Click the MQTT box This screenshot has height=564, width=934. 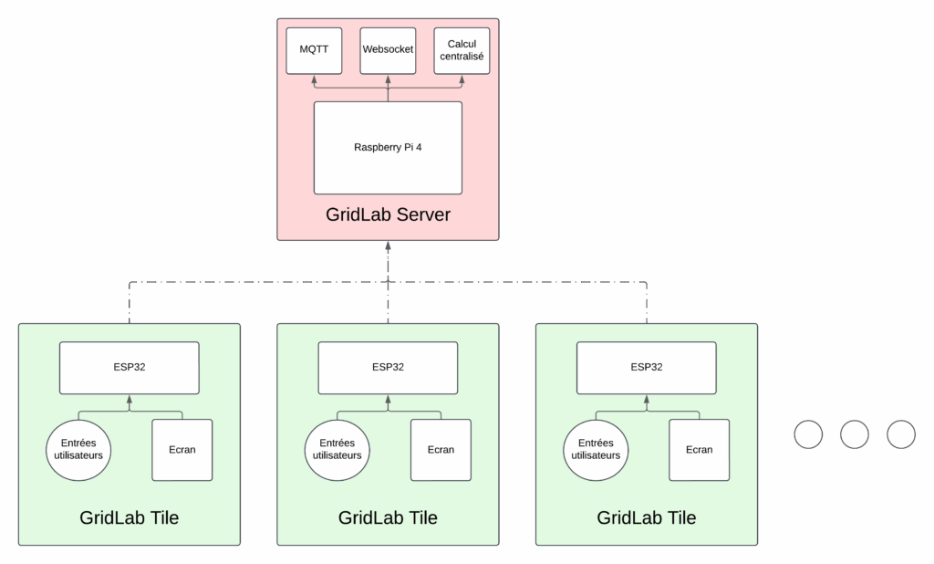point(314,50)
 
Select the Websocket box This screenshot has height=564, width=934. point(388,50)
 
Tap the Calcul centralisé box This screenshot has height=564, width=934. point(462,50)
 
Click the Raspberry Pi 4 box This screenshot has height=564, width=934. point(388,147)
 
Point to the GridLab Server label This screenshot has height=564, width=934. point(388,216)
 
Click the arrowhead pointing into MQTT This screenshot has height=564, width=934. point(314,79)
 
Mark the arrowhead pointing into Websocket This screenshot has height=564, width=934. point(388,79)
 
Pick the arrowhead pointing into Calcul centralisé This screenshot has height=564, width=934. point(462,79)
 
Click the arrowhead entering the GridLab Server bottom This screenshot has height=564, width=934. point(388,246)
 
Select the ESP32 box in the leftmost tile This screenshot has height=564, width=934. point(129,368)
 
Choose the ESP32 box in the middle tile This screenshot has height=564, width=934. point(388,368)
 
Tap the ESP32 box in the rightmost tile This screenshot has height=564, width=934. point(647,368)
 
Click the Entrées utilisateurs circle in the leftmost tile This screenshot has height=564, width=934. point(78,449)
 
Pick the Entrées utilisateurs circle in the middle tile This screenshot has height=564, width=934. point(337,449)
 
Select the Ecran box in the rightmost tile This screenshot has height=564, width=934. point(699,449)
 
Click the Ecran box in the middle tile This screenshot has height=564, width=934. point(441,449)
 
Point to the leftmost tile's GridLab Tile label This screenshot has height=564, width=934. point(129,517)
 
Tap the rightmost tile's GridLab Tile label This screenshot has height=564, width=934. point(647,517)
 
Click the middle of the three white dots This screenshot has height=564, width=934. point(855,435)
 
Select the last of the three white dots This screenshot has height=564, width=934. point(900,435)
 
